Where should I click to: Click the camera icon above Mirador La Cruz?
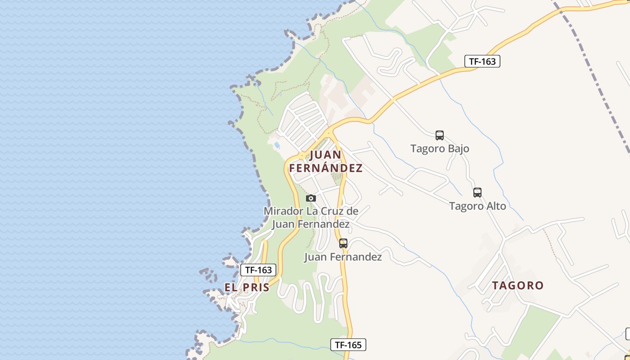[310, 198]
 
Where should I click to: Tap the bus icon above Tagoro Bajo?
[440, 135]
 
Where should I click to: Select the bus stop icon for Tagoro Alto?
[477, 193]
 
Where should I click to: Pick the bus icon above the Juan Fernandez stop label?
[343, 243]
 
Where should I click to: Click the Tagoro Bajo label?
[440, 148]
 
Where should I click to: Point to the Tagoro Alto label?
[477, 206]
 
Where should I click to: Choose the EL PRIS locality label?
[247, 288]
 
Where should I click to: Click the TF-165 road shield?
[348, 345]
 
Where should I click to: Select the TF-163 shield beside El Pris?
[258, 270]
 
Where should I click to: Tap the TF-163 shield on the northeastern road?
[482, 61]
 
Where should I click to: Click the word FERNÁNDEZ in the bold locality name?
[326, 168]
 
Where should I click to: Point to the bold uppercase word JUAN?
[326, 155]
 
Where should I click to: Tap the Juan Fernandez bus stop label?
[343, 257]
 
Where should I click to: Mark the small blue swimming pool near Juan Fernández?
[277, 145]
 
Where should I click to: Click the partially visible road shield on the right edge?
[627, 334]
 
